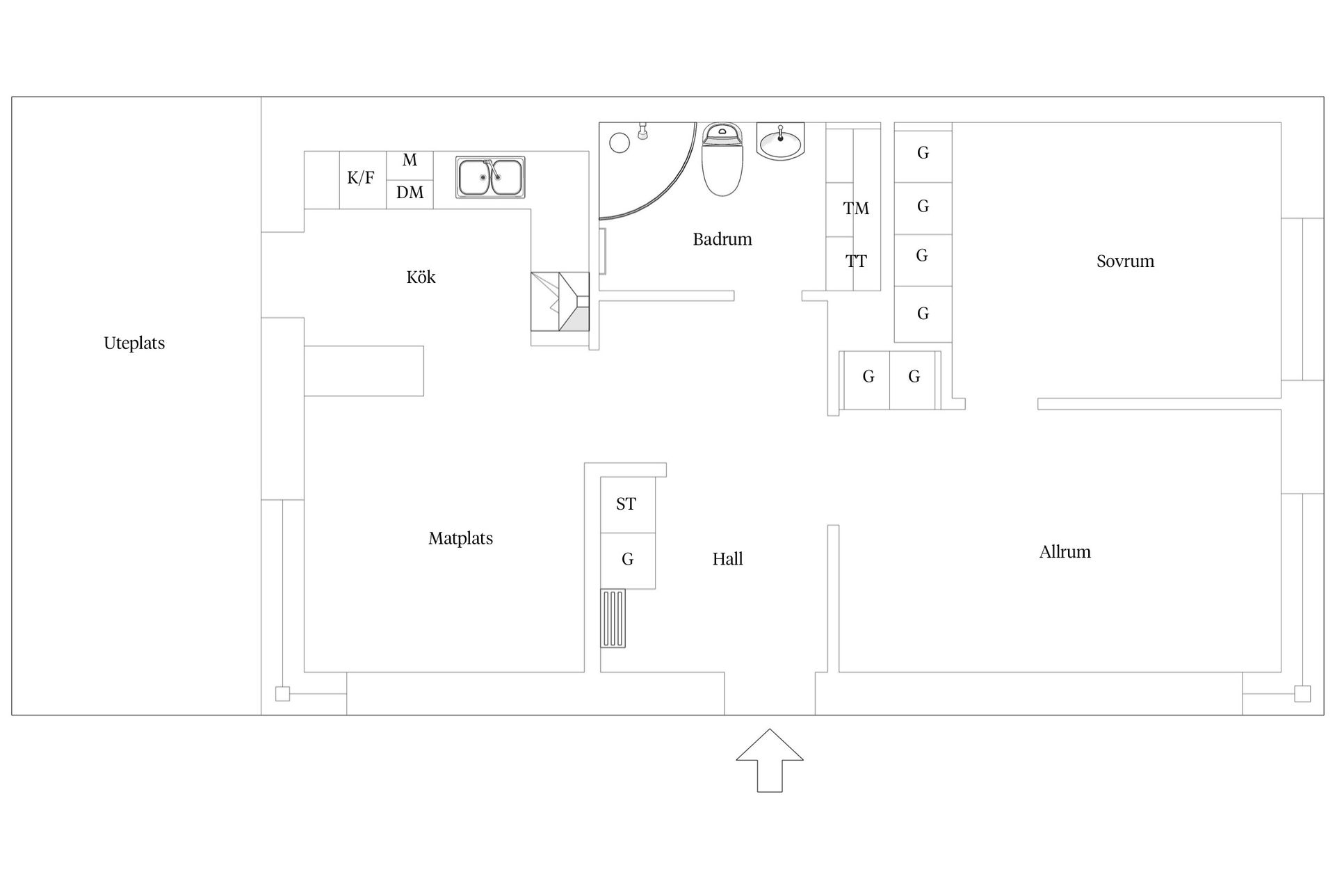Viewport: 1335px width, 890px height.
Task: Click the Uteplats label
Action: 134,343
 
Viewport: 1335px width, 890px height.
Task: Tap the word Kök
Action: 421,277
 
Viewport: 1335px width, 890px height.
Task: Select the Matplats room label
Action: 460,538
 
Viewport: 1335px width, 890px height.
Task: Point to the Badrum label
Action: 722,239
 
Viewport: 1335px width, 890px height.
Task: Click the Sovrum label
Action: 1125,261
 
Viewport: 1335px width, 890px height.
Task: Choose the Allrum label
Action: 1065,552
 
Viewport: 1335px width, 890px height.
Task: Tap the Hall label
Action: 727,559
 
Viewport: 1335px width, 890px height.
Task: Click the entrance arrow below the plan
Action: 770,760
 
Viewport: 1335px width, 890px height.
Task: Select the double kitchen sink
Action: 490,177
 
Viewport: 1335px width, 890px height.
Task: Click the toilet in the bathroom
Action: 722,159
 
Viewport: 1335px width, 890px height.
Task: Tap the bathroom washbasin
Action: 780,142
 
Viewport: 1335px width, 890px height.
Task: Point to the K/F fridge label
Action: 360,178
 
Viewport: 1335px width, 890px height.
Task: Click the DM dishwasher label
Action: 410,192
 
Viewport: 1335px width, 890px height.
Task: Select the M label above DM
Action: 410,160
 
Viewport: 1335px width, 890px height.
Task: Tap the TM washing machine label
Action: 856,208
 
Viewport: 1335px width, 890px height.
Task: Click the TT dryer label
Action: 856,261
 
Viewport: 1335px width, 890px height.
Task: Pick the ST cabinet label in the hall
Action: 626,504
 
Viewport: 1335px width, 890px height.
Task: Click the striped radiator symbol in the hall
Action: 613,618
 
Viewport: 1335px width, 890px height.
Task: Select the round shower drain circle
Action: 620,143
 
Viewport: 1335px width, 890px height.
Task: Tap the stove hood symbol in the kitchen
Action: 560,301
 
